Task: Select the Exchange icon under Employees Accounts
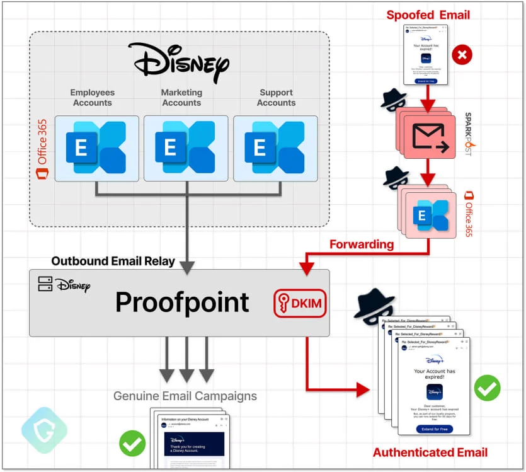(96, 148)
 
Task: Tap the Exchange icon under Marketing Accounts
(186, 148)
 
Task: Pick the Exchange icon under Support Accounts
(275, 148)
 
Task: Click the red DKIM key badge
(299, 304)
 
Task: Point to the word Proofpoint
(182, 302)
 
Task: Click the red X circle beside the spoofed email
(462, 55)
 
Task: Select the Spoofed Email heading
(428, 14)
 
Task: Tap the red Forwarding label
(362, 244)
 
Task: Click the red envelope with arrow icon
(429, 138)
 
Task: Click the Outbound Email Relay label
(113, 261)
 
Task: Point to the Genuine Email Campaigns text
(185, 396)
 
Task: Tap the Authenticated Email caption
(430, 452)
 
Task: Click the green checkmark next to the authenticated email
(487, 388)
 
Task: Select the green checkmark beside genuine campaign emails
(132, 444)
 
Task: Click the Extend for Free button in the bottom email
(434, 429)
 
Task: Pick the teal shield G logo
(44, 430)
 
